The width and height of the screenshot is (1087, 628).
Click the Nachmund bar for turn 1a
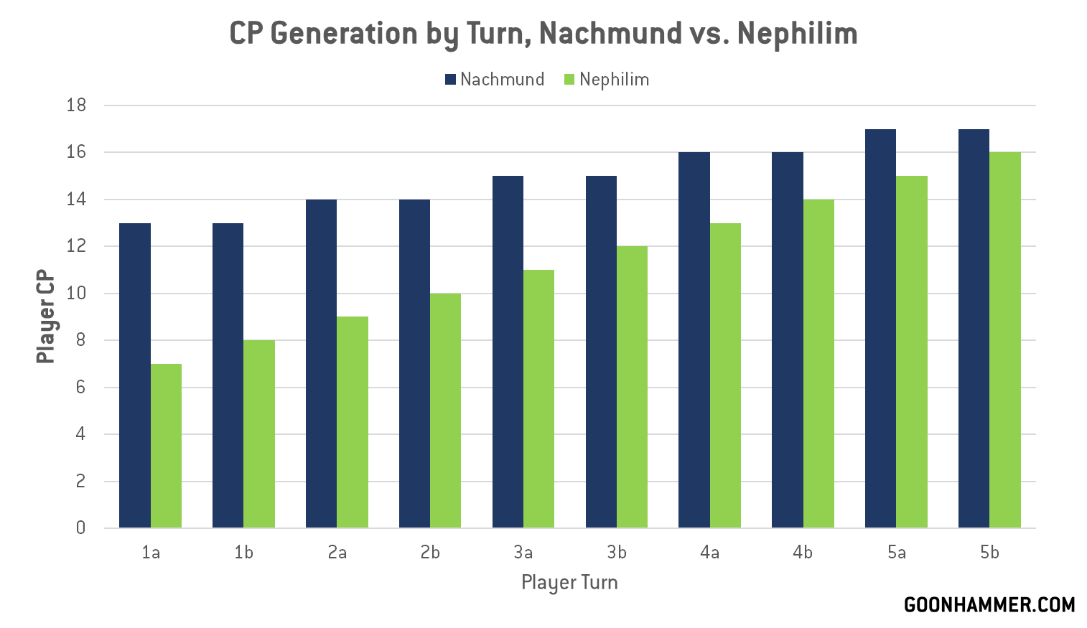[x=135, y=375]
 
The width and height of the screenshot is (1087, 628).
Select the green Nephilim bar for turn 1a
[x=166, y=446]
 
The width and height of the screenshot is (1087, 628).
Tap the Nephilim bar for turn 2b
[x=445, y=411]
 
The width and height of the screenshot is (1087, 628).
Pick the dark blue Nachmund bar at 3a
[x=508, y=352]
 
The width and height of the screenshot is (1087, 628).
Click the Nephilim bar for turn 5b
[x=1005, y=340]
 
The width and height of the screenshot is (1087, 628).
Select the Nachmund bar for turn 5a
[x=880, y=329]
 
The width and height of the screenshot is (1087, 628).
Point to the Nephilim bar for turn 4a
[x=725, y=375]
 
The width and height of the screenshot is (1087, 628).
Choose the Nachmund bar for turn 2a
[x=321, y=364]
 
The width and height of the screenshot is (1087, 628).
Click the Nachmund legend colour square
[x=451, y=80]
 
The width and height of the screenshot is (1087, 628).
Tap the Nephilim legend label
[x=614, y=80]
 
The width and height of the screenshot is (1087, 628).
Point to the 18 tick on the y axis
[x=76, y=106]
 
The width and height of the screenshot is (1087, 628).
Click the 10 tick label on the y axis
[x=76, y=294]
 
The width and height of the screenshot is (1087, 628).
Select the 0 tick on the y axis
[x=80, y=528]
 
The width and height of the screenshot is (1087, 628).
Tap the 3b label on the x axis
[x=617, y=553]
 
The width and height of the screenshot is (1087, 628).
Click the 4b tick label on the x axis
[x=803, y=553]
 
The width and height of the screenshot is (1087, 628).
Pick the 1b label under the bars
[x=243, y=553]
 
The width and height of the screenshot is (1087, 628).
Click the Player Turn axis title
[x=569, y=582]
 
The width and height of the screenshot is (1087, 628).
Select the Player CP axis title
[x=45, y=317]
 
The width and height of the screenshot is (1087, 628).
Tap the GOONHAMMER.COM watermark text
[x=989, y=605]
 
